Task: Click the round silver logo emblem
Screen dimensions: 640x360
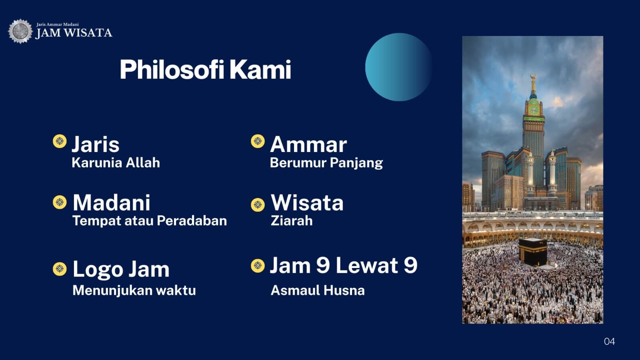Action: pyautogui.click(x=20, y=31)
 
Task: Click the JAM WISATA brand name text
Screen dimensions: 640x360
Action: pyautogui.click(x=74, y=33)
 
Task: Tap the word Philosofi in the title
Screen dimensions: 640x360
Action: pyautogui.click(x=172, y=70)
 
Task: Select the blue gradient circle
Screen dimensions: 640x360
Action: pyautogui.click(x=399, y=67)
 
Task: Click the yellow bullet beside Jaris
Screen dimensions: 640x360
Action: pyautogui.click(x=60, y=141)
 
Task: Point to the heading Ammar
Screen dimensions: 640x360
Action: pyautogui.click(x=308, y=144)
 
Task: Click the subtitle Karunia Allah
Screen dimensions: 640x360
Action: pyautogui.click(x=116, y=163)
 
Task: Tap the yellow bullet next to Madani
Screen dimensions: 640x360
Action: pyautogui.click(x=60, y=202)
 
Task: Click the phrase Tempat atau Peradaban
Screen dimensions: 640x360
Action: pyautogui.click(x=150, y=221)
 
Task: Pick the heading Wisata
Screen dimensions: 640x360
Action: pyautogui.click(x=307, y=202)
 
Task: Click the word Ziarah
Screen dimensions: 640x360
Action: pyautogui.click(x=292, y=221)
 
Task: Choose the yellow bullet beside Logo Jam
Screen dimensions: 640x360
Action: pyautogui.click(x=60, y=269)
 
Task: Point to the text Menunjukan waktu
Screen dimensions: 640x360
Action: pyautogui.click(x=134, y=290)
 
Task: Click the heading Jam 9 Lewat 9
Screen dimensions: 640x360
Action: pyautogui.click(x=344, y=266)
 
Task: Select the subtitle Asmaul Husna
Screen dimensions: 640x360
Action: pyautogui.click(x=318, y=290)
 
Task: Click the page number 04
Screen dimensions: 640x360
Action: pyautogui.click(x=610, y=342)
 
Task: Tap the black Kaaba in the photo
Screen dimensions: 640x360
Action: pyautogui.click(x=533, y=252)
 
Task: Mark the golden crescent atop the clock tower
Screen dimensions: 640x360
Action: pyautogui.click(x=533, y=76)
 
